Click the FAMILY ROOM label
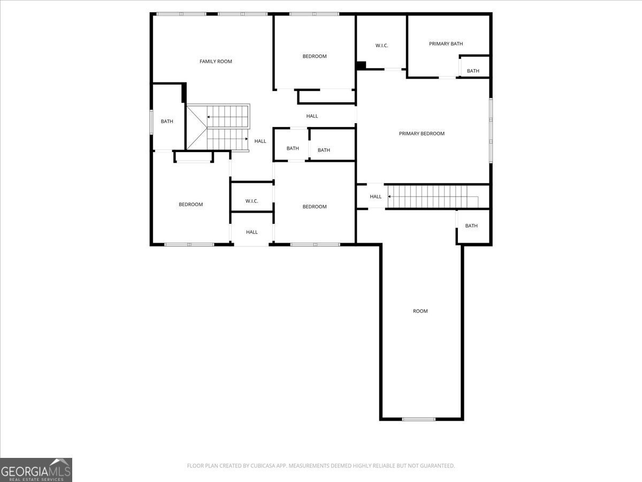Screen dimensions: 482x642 pyautogui.click(x=216, y=62)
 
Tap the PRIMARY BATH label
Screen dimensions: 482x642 pyautogui.click(x=446, y=44)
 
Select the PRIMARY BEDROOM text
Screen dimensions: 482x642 pyautogui.click(x=422, y=133)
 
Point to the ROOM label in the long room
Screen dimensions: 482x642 pyautogui.click(x=420, y=311)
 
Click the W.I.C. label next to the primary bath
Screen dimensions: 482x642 pyautogui.click(x=381, y=46)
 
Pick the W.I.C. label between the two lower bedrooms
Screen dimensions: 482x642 pyautogui.click(x=252, y=201)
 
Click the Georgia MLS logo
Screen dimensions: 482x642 pyautogui.click(x=36, y=470)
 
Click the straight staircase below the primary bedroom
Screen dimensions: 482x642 pyautogui.click(x=432, y=197)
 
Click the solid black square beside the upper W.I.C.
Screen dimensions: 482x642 pyautogui.click(x=361, y=65)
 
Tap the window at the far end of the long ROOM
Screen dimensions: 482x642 pyautogui.click(x=419, y=419)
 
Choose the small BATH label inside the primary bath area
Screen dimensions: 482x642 pyautogui.click(x=473, y=71)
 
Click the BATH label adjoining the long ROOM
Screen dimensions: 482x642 pyautogui.click(x=471, y=226)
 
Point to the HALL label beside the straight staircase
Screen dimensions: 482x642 pyautogui.click(x=376, y=197)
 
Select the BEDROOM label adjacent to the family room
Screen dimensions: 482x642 pyautogui.click(x=314, y=56)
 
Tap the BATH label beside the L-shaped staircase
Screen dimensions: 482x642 pyautogui.click(x=167, y=122)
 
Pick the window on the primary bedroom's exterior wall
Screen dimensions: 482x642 pyautogui.click(x=490, y=130)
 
